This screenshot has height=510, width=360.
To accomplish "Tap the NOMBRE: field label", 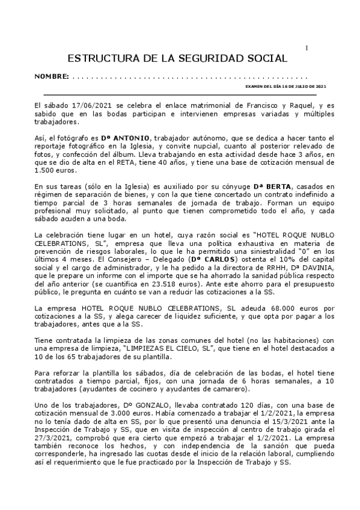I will [x=51, y=78].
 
